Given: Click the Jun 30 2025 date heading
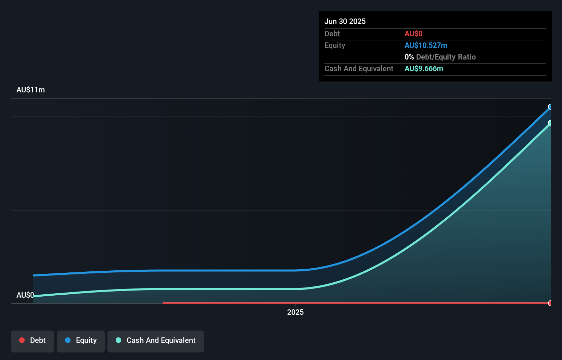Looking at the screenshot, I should pyautogui.click(x=345, y=21).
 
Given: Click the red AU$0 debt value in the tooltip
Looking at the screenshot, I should pyautogui.click(x=413, y=34).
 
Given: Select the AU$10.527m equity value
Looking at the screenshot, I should pyautogui.click(x=426, y=45).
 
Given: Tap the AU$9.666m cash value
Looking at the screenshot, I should pyautogui.click(x=424, y=68).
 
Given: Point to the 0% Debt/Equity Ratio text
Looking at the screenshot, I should pyautogui.click(x=440, y=57).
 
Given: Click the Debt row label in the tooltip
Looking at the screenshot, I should pyautogui.click(x=332, y=34).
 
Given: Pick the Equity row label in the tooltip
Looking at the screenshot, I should pyautogui.click(x=335, y=45).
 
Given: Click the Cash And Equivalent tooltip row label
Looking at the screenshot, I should pyautogui.click(x=359, y=68).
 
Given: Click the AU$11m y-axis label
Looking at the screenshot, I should pyautogui.click(x=30, y=90).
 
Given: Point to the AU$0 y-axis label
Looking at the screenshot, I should pyautogui.click(x=25, y=295).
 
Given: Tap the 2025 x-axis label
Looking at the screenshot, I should pyautogui.click(x=295, y=312).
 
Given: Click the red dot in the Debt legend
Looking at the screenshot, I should pyautogui.click(x=22, y=340).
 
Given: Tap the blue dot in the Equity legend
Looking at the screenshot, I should pyautogui.click(x=68, y=340).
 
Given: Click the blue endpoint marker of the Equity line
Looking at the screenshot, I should pyautogui.click(x=550, y=107).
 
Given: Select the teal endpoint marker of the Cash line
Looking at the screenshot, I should pyautogui.click(x=550, y=123).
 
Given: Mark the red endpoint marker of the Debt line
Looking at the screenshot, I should pyautogui.click(x=550, y=303).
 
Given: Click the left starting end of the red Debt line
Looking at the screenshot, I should pyautogui.click(x=164, y=303).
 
